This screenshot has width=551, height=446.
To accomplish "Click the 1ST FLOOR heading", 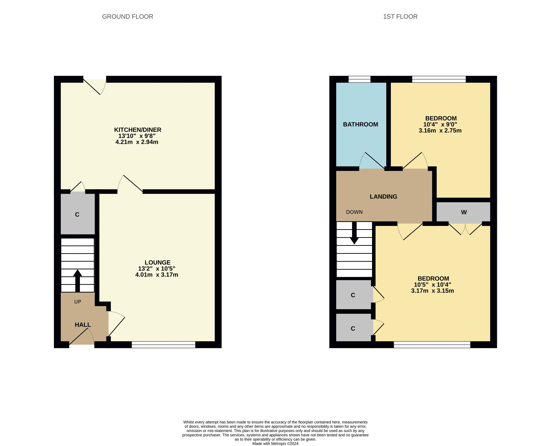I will click(x=400, y=16).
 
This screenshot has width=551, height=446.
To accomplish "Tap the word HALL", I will click(x=83, y=325).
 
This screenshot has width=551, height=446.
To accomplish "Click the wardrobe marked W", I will click(x=464, y=212).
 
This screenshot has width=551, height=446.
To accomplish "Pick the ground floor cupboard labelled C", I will click(x=77, y=215).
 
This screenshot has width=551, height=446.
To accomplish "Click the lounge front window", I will click(x=163, y=345).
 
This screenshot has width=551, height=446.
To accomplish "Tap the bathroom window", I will click(x=359, y=79).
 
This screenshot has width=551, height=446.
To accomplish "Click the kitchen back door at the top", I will click(x=95, y=85).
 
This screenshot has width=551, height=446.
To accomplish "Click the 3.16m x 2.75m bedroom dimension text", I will click(x=440, y=131).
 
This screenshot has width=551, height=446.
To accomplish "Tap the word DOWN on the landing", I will click(x=354, y=212).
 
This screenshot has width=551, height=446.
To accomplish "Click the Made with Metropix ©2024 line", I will click(x=275, y=443).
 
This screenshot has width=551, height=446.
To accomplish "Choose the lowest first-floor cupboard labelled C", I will click(x=353, y=328).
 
